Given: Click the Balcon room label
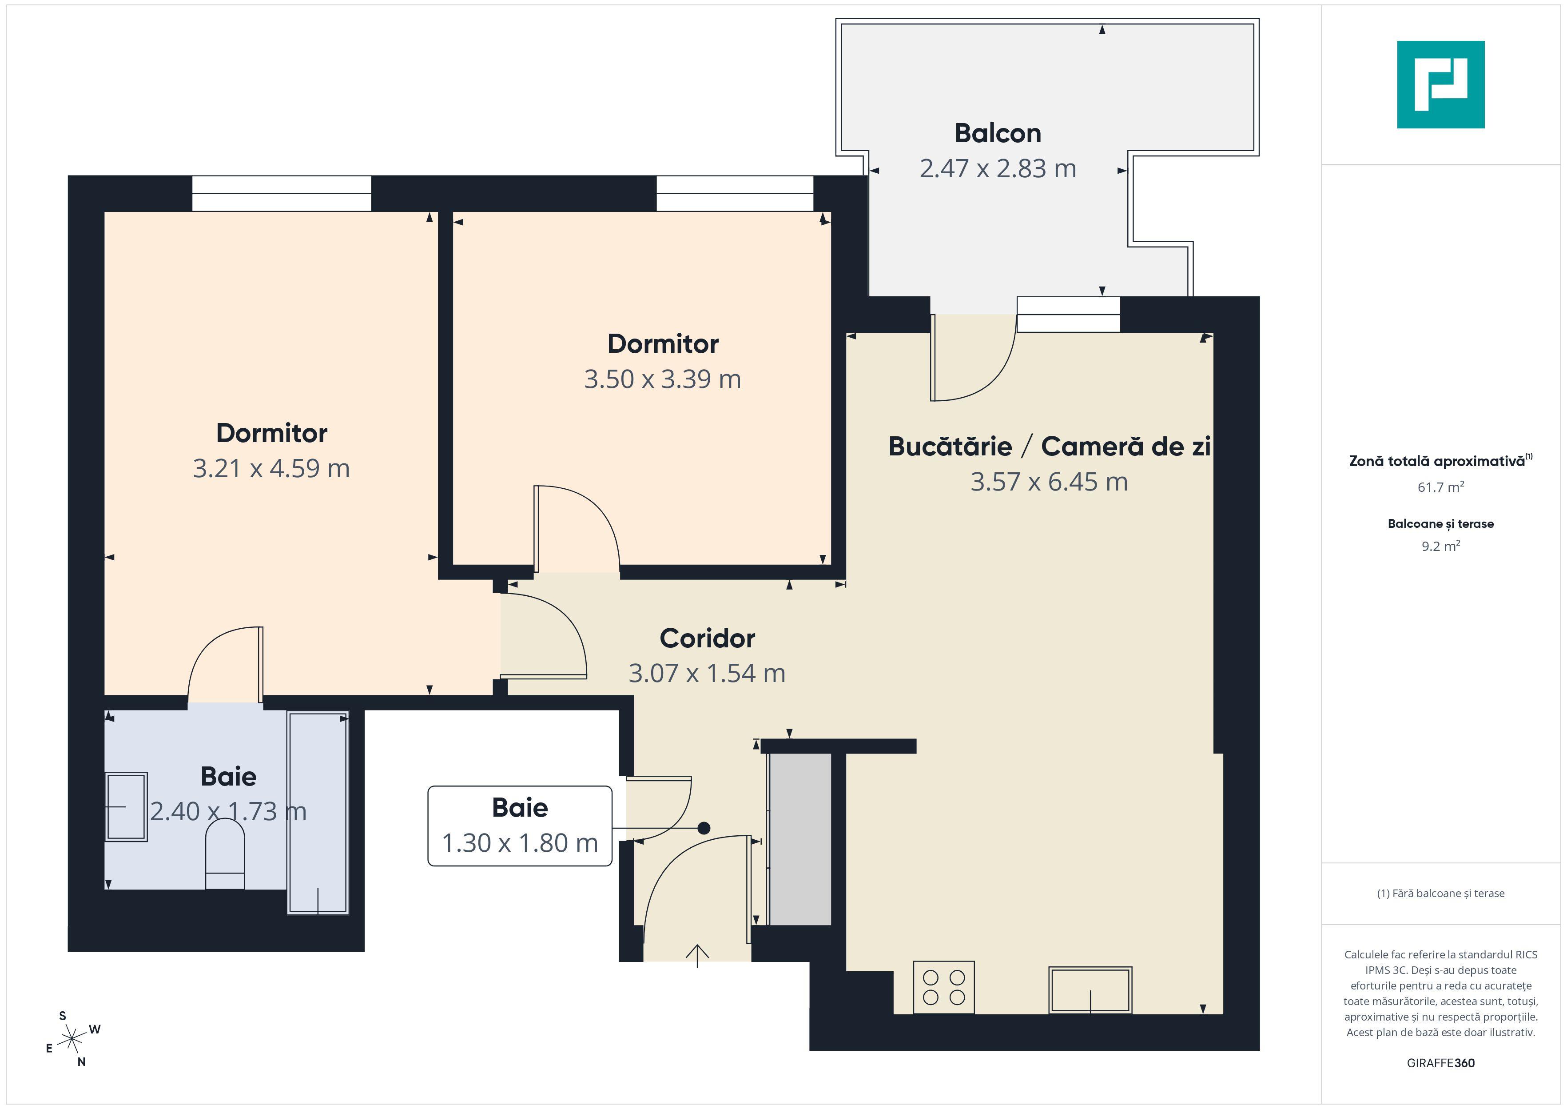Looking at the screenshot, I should pyautogui.click(x=997, y=133).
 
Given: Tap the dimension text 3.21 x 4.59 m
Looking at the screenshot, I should pyautogui.click(x=271, y=468).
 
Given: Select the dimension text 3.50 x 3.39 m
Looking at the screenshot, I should pyautogui.click(x=662, y=379).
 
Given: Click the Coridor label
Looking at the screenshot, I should pyautogui.click(x=707, y=638).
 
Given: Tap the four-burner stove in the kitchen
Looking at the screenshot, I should pyautogui.click(x=943, y=987).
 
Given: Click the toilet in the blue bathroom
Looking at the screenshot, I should pyautogui.click(x=225, y=854).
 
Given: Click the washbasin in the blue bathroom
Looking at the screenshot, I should pyautogui.click(x=126, y=806).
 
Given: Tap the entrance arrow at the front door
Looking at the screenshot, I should pyautogui.click(x=697, y=955).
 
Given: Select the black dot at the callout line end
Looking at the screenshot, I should pyautogui.click(x=704, y=828).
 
